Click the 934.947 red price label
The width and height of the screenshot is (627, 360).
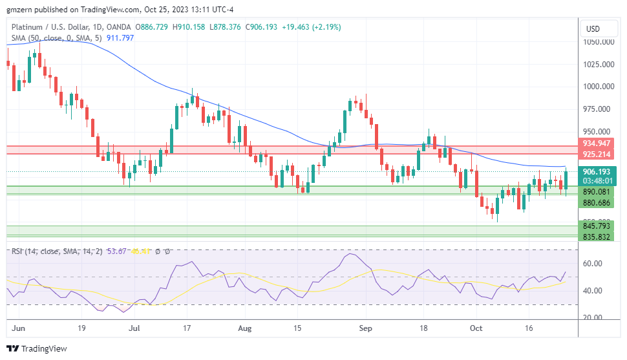[x=597, y=143]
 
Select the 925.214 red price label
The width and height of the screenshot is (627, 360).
[x=597, y=154]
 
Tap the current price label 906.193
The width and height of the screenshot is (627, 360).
[x=597, y=172]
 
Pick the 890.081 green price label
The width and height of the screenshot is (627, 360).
[x=597, y=192]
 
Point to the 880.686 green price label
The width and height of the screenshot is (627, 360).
[x=597, y=203]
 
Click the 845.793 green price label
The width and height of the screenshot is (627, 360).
[x=597, y=226]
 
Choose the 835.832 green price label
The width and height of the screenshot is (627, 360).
[x=597, y=237]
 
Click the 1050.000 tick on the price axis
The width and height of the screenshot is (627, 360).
[x=598, y=42]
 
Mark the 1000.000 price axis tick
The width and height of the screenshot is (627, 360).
[x=598, y=87]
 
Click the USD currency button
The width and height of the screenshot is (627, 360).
[x=593, y=29]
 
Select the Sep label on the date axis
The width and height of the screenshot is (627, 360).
[x=365, y=328]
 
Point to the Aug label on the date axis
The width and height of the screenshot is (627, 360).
[x=245, y=328]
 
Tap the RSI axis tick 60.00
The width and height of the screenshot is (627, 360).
[x=593, y=264]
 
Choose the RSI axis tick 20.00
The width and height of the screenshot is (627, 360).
[x=593, y=317]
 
